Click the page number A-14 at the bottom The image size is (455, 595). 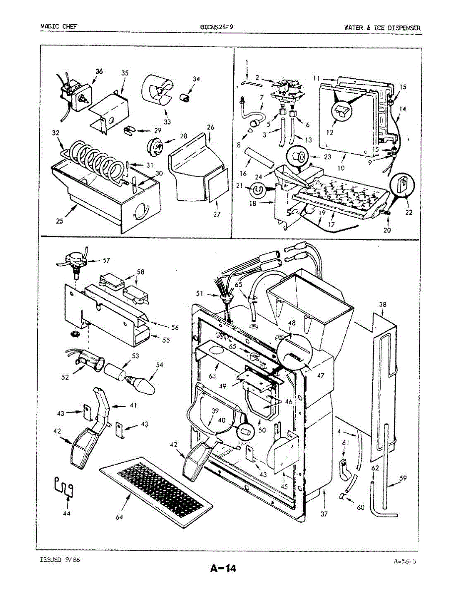[x=222, y=569]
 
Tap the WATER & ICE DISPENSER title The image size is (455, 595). [x=382, y=27]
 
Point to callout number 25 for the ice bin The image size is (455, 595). [x=60, y=222]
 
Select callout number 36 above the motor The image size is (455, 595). [x=99, y=71]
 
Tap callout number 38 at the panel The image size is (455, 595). [x=383, y=304]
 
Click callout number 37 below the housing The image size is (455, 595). [x=324, y=514]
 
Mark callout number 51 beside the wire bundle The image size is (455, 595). [x=200, y=294]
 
